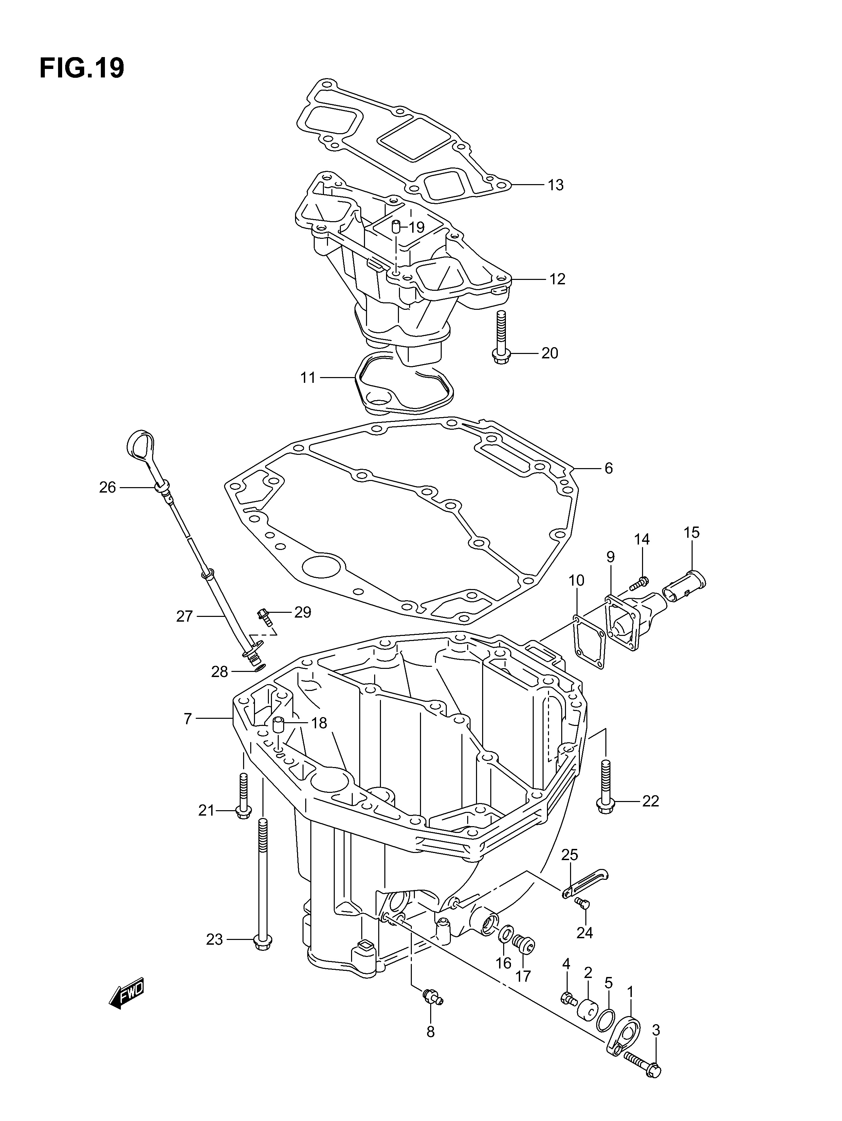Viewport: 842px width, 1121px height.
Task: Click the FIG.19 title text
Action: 81,68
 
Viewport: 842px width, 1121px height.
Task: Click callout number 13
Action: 556,185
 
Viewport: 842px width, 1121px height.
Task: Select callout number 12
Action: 557,279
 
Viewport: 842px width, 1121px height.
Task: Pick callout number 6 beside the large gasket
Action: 608,468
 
